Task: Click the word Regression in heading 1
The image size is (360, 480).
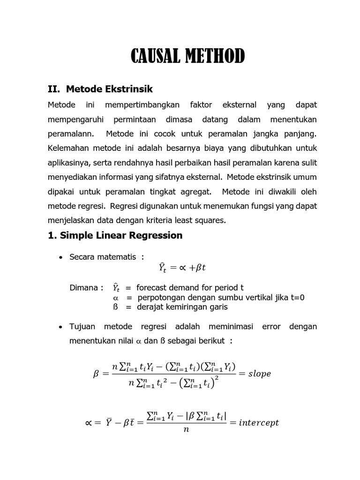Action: coord(155,235)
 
